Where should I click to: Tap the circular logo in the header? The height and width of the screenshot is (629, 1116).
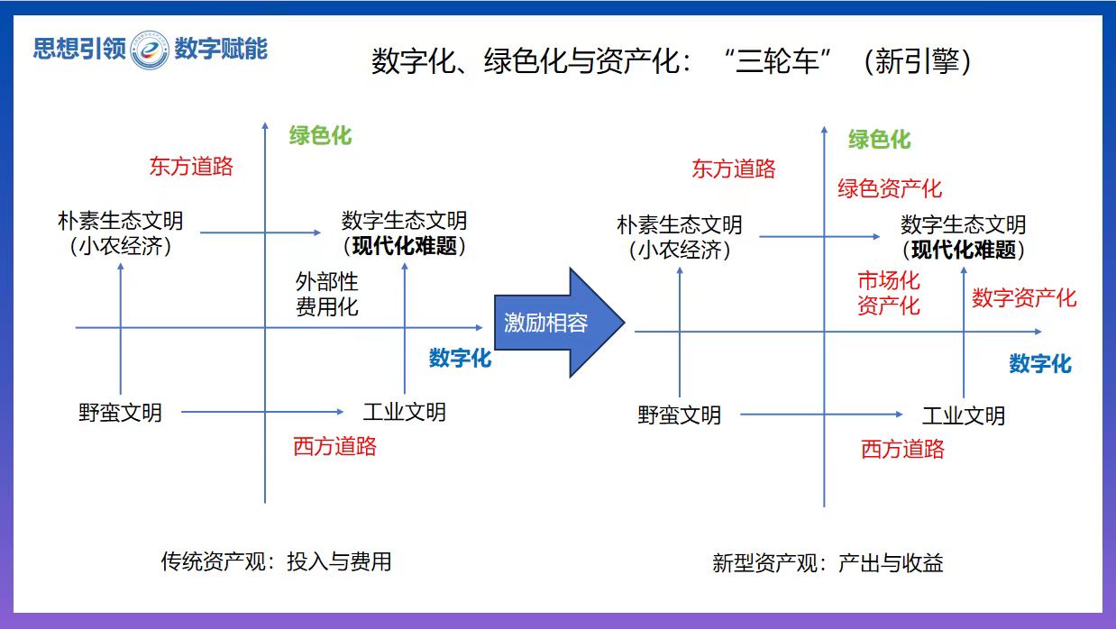tap(150, 49)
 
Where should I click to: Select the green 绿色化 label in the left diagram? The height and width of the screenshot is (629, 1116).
tap(320, 136)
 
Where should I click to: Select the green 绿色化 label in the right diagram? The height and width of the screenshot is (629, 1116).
tap(879, 140)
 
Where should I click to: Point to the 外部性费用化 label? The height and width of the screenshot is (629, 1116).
tap(327, 294)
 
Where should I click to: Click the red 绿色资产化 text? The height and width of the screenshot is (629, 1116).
tap(890, 188)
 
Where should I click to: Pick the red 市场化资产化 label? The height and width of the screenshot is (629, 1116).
tap(889, 293)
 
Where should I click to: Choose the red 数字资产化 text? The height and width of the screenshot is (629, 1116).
tap(1024, 298)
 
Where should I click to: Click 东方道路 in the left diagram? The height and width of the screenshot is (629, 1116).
tap(191, 166)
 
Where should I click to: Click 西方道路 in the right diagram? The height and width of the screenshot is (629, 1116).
tap(902, 449)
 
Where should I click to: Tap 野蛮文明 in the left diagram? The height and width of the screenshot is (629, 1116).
tap(120, 413)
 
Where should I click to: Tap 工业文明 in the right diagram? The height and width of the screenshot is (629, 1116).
tap(963, 415)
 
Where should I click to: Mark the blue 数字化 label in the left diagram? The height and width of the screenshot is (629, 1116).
tap(460, 358)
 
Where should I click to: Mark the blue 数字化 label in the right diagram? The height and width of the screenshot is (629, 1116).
tap(1040, 363)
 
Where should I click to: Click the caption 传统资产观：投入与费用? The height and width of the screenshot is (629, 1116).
tap(276, 561)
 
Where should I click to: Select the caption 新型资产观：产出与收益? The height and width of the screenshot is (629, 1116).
tap(828, 564)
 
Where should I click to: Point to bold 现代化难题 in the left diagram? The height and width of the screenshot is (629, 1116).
tap(405, 246)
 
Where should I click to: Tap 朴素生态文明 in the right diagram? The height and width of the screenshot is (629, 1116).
tap(680, 224)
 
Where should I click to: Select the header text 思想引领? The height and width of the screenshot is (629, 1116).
tap(79, 49)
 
